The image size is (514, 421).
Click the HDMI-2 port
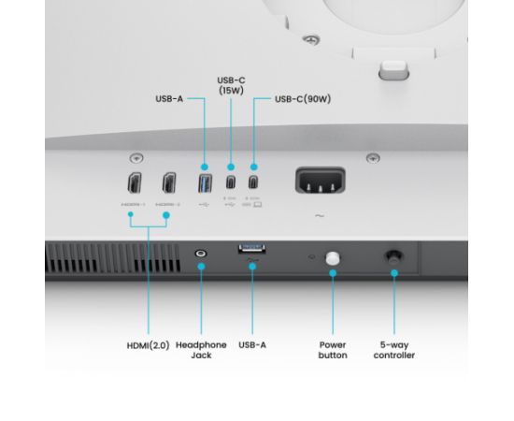[169, 183]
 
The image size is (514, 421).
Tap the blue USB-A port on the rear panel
[205, 182]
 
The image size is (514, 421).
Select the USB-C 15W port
[230, 182]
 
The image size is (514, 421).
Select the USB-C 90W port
[253, 182]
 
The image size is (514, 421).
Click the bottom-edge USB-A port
[251, 248]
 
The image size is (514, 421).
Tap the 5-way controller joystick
[393, 254]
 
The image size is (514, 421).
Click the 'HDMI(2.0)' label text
[149, 345]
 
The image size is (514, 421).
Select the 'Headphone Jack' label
[202, 350]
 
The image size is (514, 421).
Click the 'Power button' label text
[333, 350]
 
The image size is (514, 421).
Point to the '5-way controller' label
[394, 350]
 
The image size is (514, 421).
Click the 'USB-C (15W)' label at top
[231, 86]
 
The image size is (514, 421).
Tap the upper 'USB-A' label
[171, 98]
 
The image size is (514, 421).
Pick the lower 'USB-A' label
[252, 345]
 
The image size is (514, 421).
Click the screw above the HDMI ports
[137, 158]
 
